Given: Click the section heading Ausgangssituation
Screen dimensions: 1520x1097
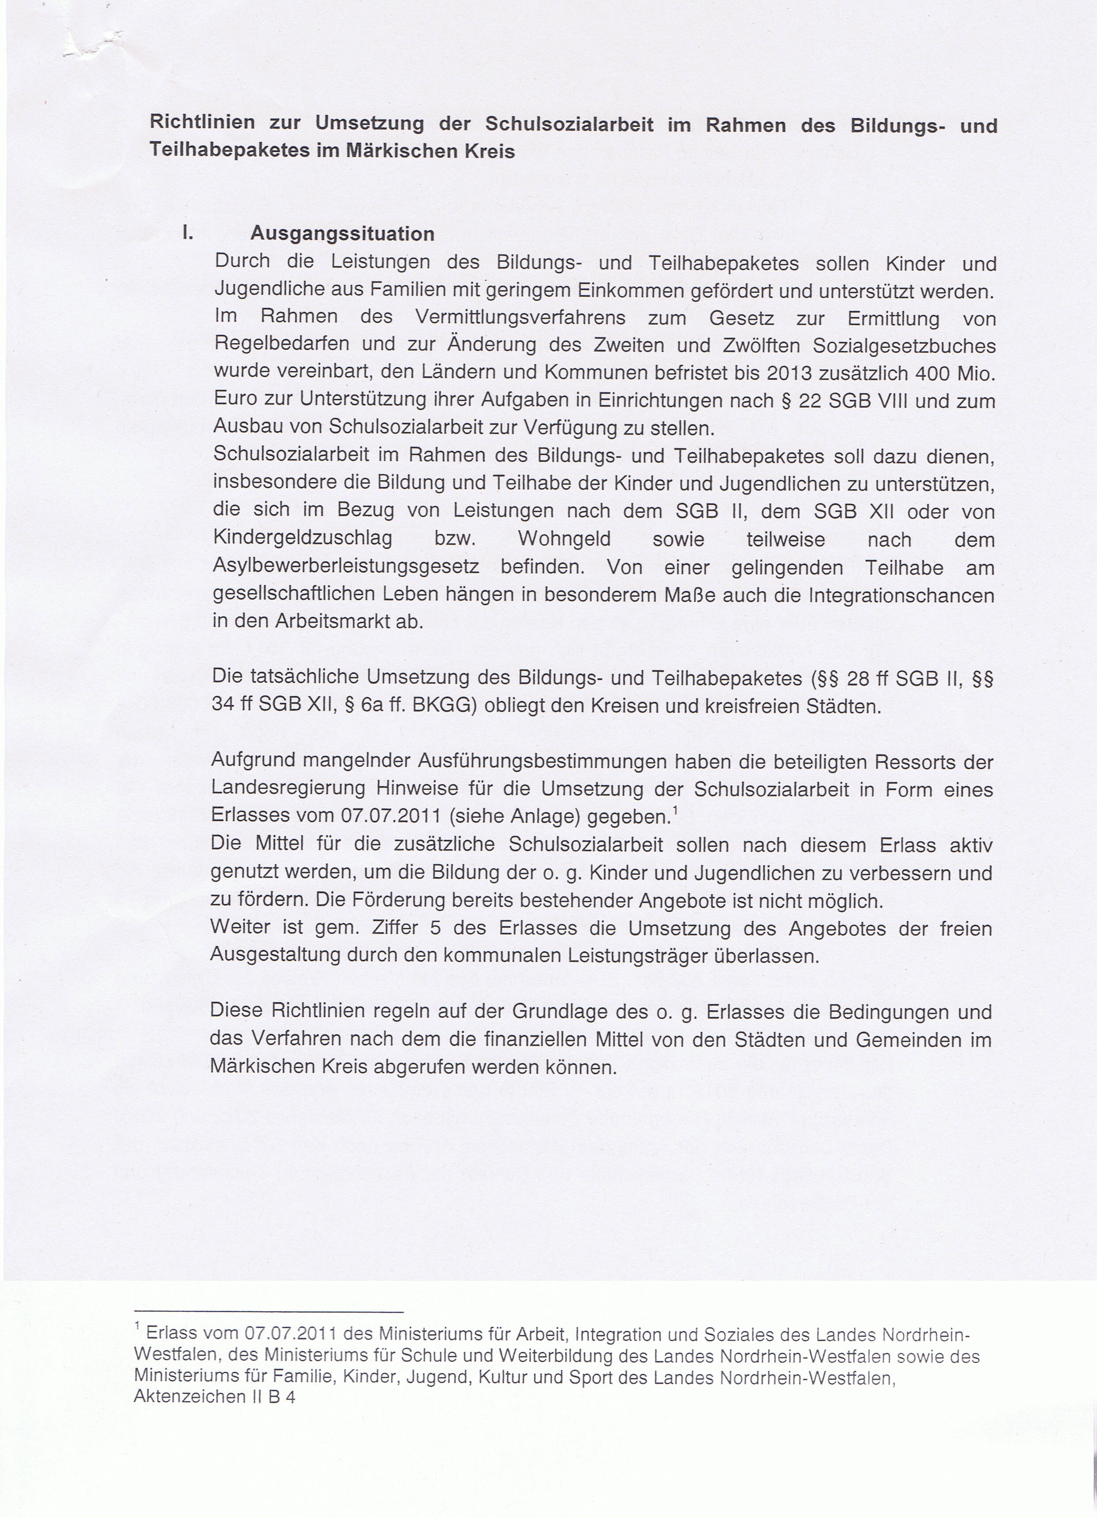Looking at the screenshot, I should [342, 234].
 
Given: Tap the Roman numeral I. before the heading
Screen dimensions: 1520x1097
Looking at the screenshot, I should [188, 233].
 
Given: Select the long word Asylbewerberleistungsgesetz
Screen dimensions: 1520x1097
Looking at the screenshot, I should [345, 567].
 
